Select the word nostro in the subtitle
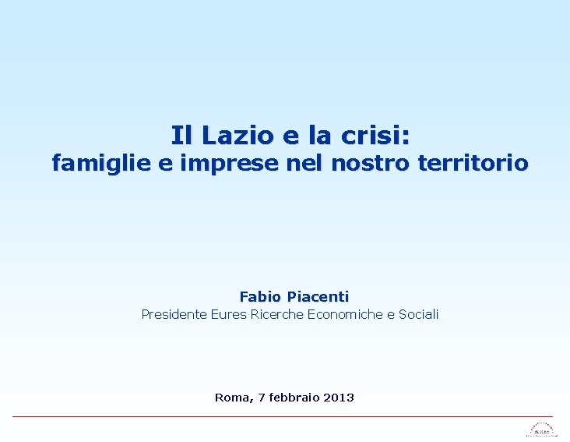[x=370, y=164]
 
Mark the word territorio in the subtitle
[x=473, y=164]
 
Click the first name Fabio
[x=261, y=296]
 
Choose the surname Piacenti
[x=318, y=296]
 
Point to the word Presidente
[x=174, y=314]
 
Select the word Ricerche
[x=277, y=314]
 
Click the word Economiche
[x=345, y=314]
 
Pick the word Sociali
[x=418, y=314]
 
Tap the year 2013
[x=338, y=398]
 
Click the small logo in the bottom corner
[x=542, y=430]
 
